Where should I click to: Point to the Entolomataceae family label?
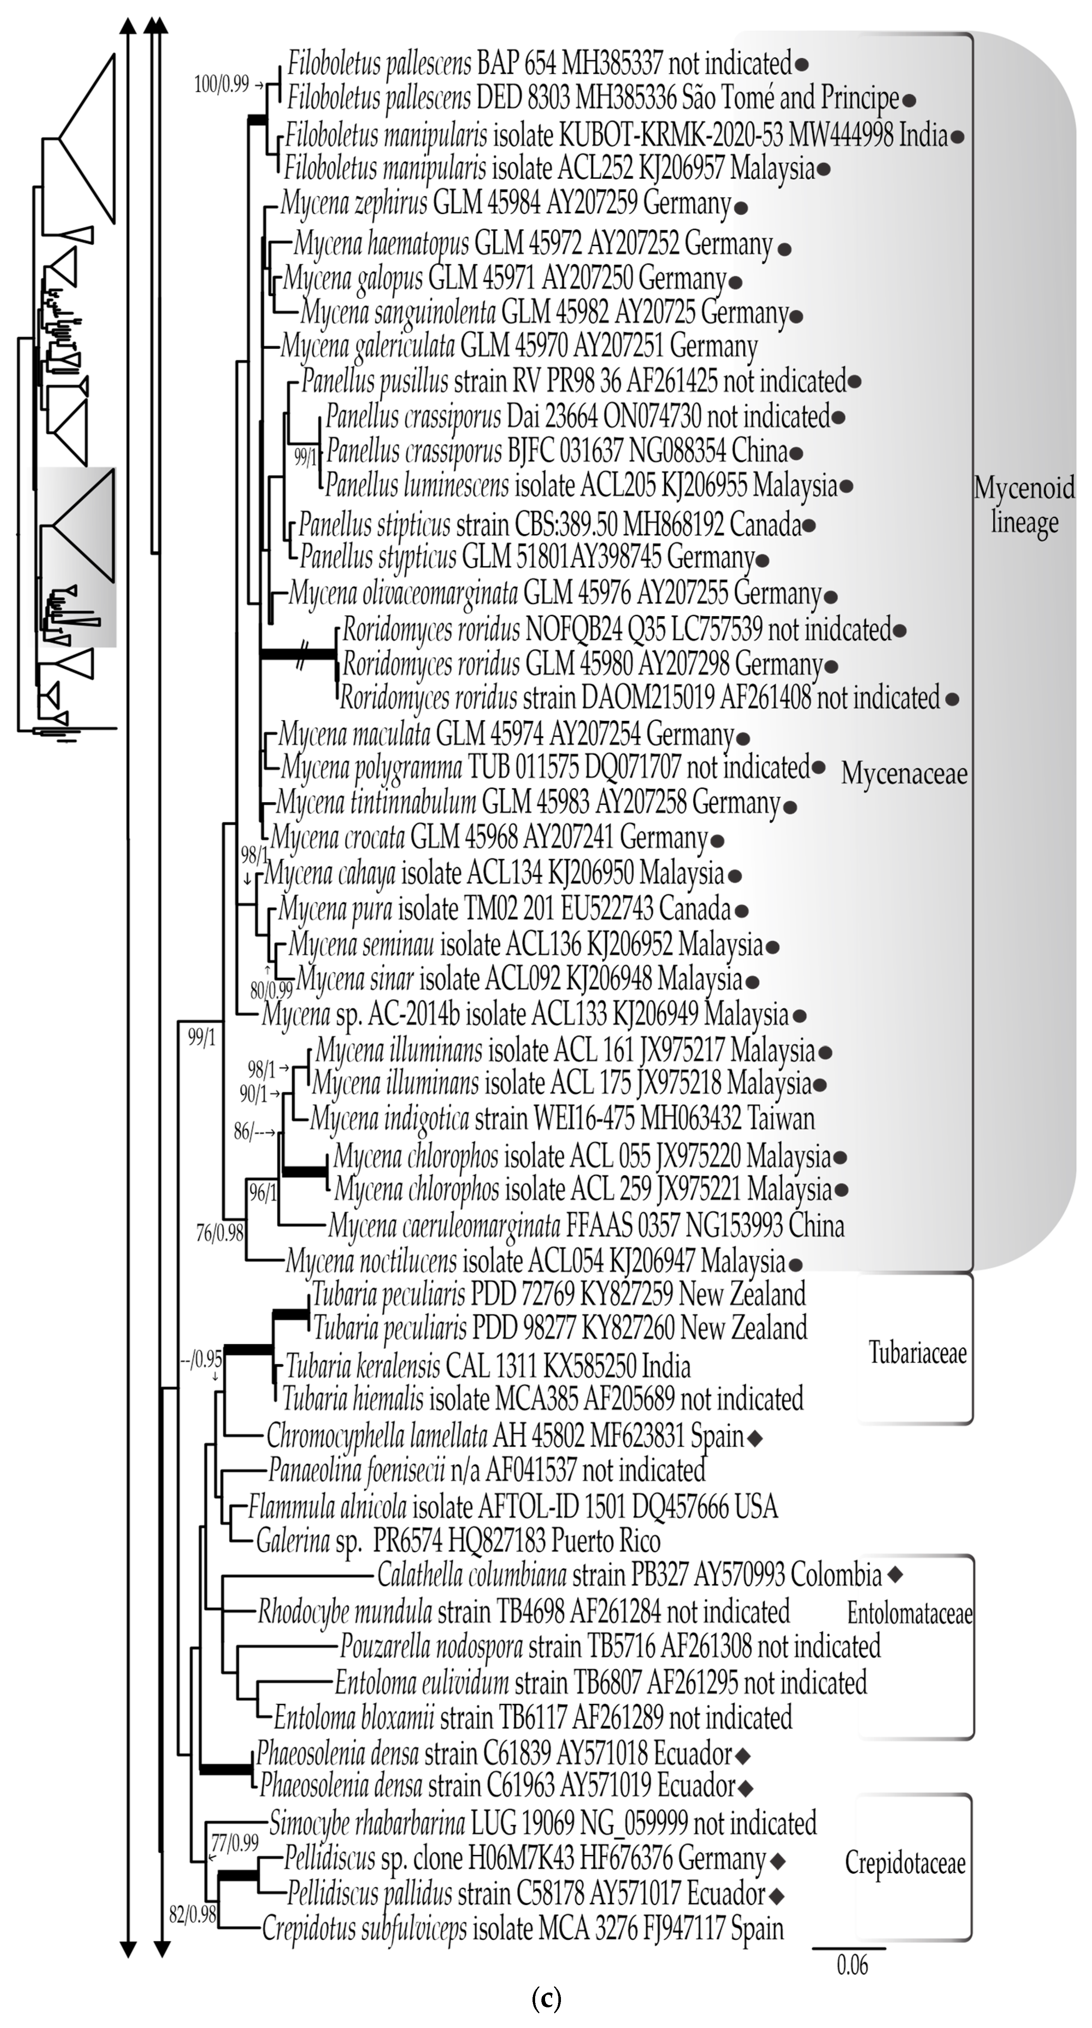point(909,1614)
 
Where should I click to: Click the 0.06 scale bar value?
point(852,1965)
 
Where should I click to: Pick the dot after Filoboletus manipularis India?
point(957,136)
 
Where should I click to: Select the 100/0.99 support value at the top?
point(221,83)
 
